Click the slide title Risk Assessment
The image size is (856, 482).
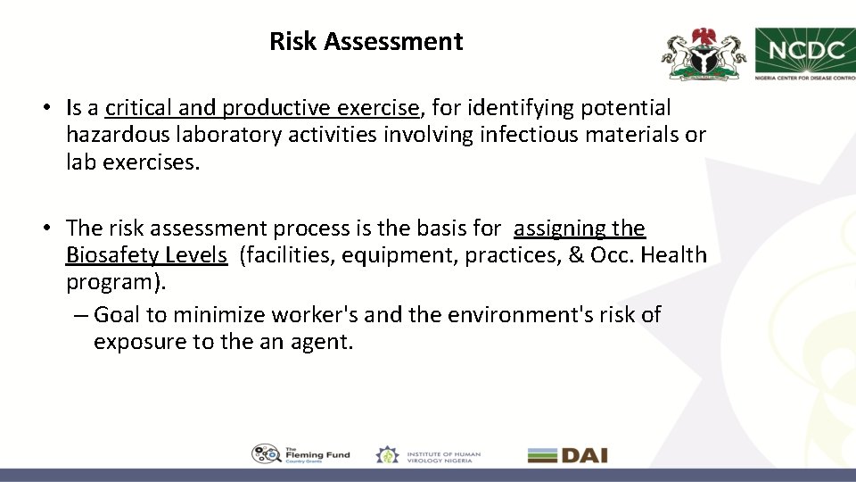pyautogui.click(x=366, y=42)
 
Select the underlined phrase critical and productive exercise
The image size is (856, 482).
pyautogui.click(x=262, y=109)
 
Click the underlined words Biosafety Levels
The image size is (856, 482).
pyautogui.click(x=146, y=255)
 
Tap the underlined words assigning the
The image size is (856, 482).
pyautogui.click(x=580, y=229)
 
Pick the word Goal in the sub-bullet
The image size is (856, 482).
pyautogui.click(x=119, y=314)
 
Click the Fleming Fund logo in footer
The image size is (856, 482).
pyautogui.click(x=300, y=454)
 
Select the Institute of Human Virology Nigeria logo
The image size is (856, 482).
pyautogui.click(x=428, y=454)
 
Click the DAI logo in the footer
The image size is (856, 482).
pyautogui.click(x=567, y=454)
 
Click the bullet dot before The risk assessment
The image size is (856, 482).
pyautogui.click(x=45, y=229)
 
